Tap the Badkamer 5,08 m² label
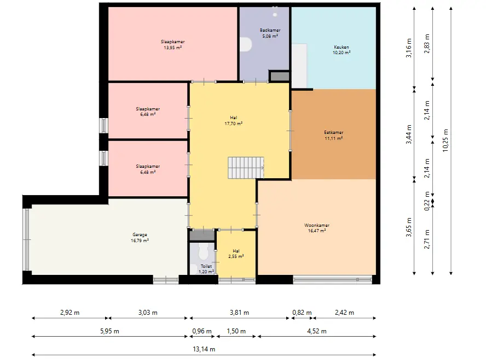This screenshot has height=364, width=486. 270,33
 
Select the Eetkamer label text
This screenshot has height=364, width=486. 334,132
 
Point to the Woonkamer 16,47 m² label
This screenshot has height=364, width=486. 317,228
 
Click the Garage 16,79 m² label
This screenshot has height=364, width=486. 140,237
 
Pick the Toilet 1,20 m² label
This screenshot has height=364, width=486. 206,269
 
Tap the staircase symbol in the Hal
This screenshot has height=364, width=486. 246,168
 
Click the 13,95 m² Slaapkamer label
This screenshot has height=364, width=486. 172,45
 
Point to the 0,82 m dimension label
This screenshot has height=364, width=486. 302,313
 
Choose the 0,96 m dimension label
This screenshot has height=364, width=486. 202,331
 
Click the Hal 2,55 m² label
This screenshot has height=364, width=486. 236,254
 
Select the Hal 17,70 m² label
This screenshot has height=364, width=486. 233,120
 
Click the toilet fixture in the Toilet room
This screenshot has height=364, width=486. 203,251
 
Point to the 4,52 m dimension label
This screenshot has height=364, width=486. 317,331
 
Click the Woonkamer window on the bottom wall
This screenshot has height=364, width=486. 333,280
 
